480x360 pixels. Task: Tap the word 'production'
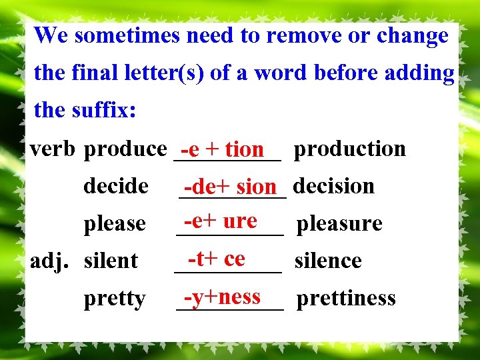click(350, 149)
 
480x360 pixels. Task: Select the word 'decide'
click(116, 186)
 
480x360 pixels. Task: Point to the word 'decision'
click(333, 186)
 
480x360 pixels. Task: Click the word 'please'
click(115, 223)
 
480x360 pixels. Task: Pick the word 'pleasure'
click(339, 223)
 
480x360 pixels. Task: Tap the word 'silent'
click(111, 261)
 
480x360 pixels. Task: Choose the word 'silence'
click(328, 261)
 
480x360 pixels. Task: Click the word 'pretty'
click(115, 299)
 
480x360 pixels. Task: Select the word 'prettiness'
click(346, 298)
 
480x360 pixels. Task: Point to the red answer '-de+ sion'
click(230, 187)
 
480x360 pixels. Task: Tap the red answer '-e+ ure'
click(220, 221)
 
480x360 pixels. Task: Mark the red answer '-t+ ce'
click(216, 258)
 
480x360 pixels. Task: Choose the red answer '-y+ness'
click(222, 296)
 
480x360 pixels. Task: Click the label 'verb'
click(54, 149)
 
